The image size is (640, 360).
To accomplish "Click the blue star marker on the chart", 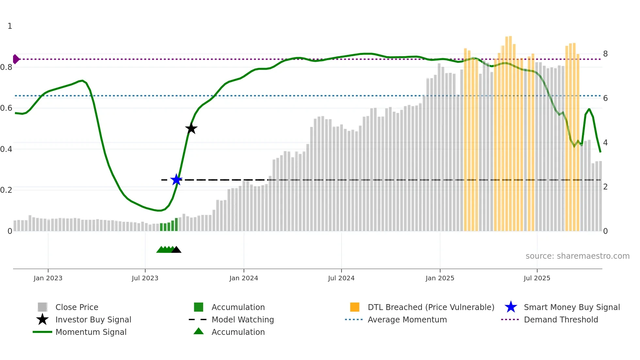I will click(176, 180).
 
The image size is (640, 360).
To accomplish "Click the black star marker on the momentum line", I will click(191, 128).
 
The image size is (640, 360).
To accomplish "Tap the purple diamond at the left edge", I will click(16, 59).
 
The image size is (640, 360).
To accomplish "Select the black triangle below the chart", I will click(176, 250).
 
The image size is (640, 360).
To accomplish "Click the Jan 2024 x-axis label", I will click(244, 278).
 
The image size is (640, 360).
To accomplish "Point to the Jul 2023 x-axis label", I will click(145, 278).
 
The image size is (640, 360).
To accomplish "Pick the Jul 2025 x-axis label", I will click(537, 278).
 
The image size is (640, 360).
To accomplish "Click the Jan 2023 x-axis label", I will click(48, 278).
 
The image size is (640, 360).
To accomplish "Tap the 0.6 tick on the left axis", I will click(6, 108).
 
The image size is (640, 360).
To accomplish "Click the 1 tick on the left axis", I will click(10, 26).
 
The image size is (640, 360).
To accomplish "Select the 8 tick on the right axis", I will click(605, 54).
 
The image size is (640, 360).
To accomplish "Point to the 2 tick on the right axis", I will click(605, 187).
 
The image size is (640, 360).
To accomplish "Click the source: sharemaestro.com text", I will click(577, 256).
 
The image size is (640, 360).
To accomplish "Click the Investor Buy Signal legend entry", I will click(93, 320).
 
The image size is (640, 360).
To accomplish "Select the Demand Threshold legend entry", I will click(561, 320).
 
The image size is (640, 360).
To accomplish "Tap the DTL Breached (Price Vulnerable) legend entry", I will click(431, 307).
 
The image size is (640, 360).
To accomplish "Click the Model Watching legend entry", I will click(242, 320).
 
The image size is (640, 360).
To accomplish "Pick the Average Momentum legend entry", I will click(407, 320).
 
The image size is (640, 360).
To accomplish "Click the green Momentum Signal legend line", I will click(42, 332).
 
